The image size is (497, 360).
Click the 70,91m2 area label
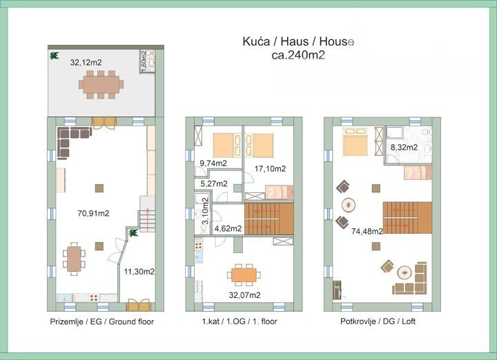coord(93,213)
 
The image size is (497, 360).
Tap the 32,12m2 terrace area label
coord(86,62)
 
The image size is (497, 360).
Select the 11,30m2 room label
coord(139,271)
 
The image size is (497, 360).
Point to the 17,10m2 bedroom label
coord(270,169)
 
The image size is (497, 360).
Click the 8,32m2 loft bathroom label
coord(404,147)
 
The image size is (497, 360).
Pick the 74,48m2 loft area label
coord(367,232)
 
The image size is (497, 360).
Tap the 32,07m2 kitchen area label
coord(244,295)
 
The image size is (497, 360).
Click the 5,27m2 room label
coord(214,183)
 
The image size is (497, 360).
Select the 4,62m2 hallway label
coord(228,228)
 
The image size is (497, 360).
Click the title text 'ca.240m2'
coord(298,55)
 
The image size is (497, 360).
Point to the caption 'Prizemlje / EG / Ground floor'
coord(102,321)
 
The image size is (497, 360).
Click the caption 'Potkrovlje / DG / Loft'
coord(378,321)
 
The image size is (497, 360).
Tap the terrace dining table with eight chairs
coord(101,85)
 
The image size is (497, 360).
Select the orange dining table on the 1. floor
coord(244,275)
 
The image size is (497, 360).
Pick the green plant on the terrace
coord(55,56)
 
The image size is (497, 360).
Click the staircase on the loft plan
coord(407,217)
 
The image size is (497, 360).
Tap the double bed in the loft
coord(355,142)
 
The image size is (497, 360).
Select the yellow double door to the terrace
coord(104,123)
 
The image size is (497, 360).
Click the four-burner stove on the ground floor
coord(94,298)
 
